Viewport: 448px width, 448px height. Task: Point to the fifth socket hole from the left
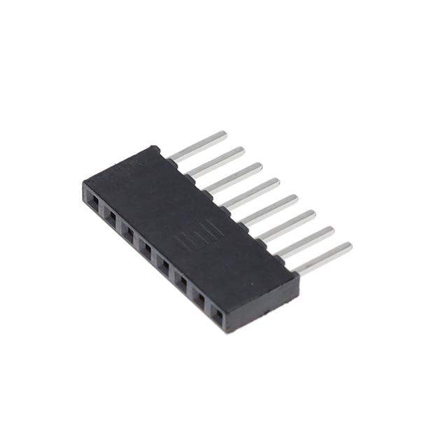(x=164, y=265)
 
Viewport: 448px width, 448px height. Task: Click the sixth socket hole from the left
(x=182, y=282)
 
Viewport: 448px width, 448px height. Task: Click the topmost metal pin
(x=197, y=144)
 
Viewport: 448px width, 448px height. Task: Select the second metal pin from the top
(x=216, y=160)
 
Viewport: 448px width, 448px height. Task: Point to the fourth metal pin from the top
(x=252, y=192)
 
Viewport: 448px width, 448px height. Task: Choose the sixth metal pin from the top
(x=288, y=225)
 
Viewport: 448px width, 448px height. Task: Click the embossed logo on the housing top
(x=209, y=229)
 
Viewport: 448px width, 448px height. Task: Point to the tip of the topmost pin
(x=223, y=133)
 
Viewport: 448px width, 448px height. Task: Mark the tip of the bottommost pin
(x=348, y=246)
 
